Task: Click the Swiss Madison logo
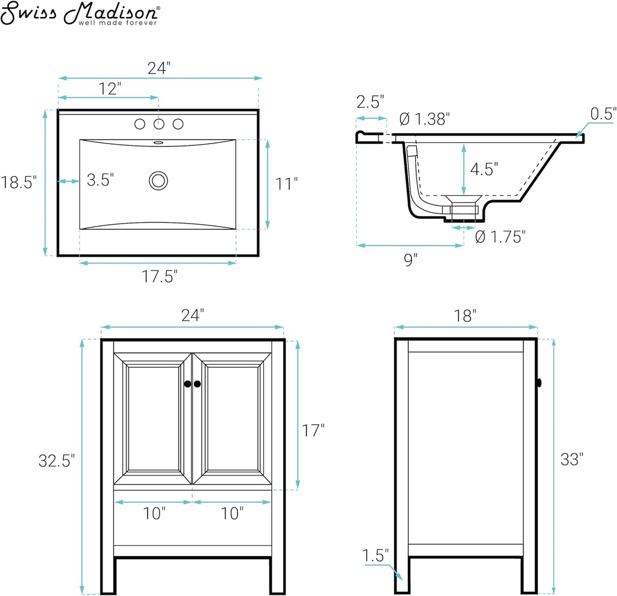click(80, 13)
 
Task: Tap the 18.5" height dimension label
click(19, 182)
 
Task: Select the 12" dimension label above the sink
click(110, 89)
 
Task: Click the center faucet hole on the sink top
click(159, 124)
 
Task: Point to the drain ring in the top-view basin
click(158, 181)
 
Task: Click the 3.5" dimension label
click(101, 180)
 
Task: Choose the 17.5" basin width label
click(160, 276)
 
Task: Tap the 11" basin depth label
click(286, 184)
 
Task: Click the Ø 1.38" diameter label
click(425, 119)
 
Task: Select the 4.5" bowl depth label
click(484, 169)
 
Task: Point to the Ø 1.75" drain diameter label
click(501, 237)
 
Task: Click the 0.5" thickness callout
click(603, 113)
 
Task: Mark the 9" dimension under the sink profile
click(411, 259)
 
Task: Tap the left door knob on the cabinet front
click(188, 384)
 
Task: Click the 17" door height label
click(313, 430)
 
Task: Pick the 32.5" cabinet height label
click(57, 460)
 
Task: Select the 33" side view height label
click(572, 459)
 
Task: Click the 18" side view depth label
click(465, 316)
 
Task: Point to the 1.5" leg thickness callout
click(375, 555)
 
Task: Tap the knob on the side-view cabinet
click(539, 382)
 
